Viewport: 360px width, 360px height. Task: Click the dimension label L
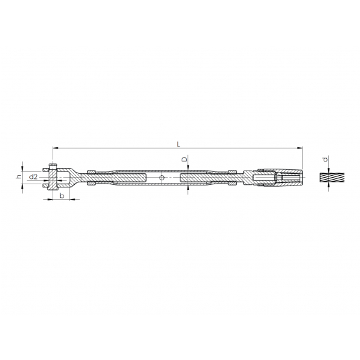[x=178, y=144]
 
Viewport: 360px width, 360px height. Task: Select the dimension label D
[x=184, y=159]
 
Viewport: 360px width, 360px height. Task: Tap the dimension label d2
[x=33, y=177]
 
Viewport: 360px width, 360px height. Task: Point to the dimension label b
[x=62, y=196]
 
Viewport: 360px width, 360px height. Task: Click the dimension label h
[x=19, y=176]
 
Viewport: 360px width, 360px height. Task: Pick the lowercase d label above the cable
[x=326, y=159]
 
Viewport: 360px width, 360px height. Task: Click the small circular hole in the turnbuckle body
[x=162, y=178]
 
